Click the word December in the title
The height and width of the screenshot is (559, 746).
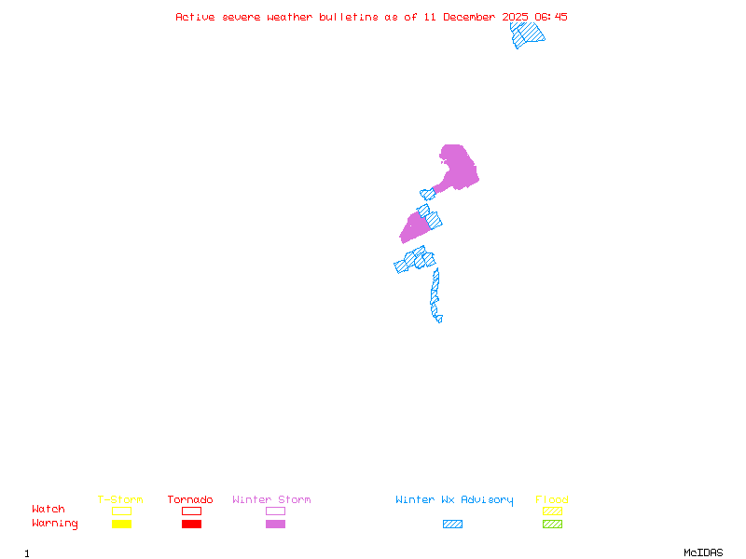pos(470,17)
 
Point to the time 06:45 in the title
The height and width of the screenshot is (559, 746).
pos(549,17)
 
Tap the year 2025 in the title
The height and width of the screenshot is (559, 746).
pos(517,17)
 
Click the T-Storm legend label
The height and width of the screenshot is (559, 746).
pos(120,500)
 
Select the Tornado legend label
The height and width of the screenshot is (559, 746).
pos(190,500)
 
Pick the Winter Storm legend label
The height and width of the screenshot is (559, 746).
pos(271,500)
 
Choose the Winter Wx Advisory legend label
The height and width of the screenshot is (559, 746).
pos(454,500)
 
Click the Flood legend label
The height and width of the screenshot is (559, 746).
pos(552,500)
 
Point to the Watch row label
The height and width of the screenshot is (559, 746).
pos(48,510)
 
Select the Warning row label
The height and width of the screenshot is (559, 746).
pos(55,524)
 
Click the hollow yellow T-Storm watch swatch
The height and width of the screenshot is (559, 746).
pos(121,511)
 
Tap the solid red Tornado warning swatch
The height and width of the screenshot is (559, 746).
pos(191,524)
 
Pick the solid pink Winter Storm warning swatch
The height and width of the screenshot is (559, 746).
pos(275,524)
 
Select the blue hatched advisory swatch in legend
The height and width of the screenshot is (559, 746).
pos(452,524)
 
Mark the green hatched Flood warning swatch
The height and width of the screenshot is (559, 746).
pos(552,524)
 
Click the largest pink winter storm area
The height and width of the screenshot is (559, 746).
pos(457,168)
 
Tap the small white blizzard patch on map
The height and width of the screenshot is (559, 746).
pos(445,318)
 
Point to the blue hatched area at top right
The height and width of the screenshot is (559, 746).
pos(527,33)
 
